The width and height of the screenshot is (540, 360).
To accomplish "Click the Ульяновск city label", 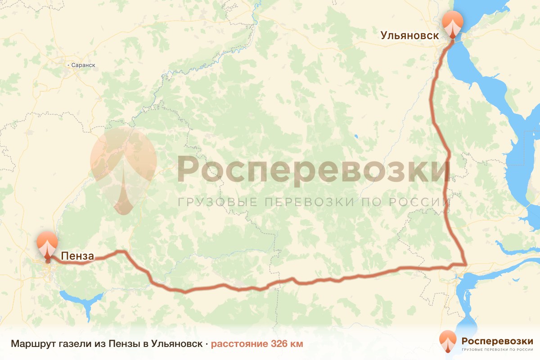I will [x=409, y=36].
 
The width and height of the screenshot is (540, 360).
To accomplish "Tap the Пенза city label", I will [x=77, y=256].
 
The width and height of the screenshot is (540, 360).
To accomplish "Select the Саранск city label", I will [x=83, y=65].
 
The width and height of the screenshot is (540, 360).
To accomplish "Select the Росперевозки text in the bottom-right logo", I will [x=497, y=340].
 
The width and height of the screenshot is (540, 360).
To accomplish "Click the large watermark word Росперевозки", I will [x=313, y=170].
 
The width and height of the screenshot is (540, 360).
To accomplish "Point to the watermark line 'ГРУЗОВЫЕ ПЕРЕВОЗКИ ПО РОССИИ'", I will [x=313, y=202].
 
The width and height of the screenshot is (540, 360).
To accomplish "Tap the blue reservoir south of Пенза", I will [x=81, y=298].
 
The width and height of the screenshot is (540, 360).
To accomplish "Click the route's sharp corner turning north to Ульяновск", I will [x=465, y=264].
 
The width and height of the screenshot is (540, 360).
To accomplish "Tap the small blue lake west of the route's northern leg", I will [x=355, y=135].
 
